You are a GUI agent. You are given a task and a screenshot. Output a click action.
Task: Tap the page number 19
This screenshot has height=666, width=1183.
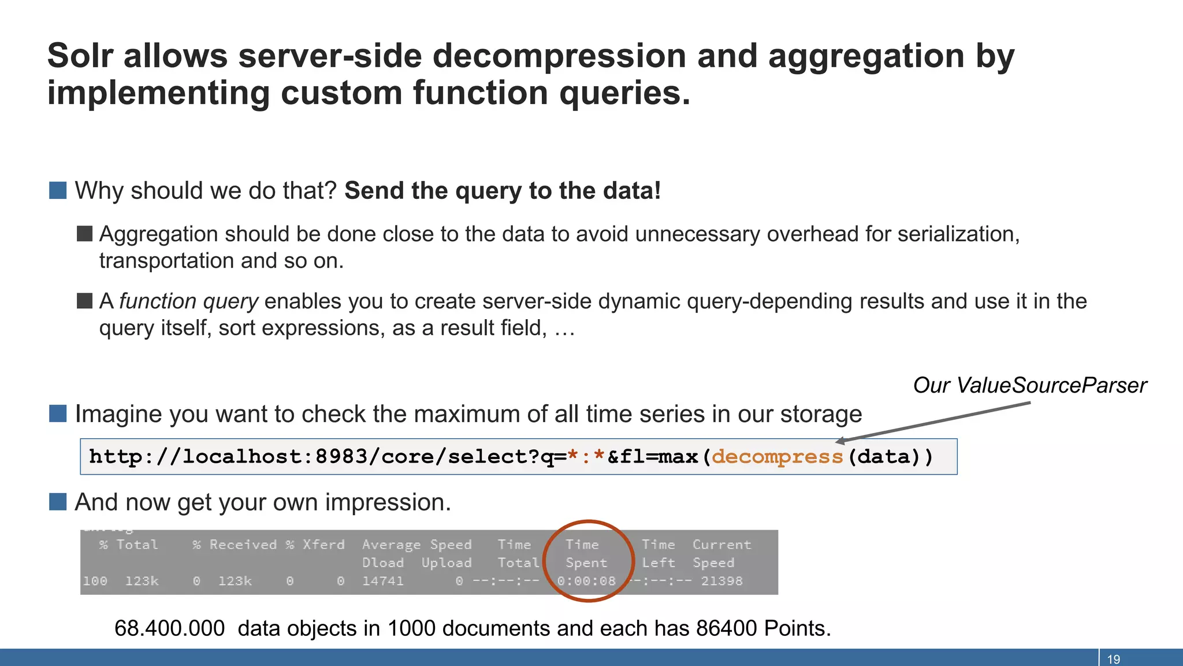[x=1113, y=659]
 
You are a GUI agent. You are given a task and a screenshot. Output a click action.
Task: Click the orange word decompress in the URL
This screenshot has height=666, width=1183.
[x=777, y=457]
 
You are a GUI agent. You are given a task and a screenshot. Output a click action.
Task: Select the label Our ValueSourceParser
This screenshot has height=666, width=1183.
[x=1029, y=386]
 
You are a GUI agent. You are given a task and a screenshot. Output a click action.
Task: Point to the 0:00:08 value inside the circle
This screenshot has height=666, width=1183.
[x=586, y=581]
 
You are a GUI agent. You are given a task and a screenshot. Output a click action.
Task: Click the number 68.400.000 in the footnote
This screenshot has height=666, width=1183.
[x=169, y=628]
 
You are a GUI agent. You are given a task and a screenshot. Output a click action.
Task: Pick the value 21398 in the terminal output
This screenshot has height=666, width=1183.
[x=721, y=581]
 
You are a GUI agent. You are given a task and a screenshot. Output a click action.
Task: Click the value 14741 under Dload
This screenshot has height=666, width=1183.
[x=382, y=581]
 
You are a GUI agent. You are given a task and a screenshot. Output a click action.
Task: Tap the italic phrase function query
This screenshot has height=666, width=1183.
[x=189, y=301]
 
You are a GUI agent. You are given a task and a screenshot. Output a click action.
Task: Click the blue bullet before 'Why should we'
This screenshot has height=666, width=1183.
[x=58, y=190]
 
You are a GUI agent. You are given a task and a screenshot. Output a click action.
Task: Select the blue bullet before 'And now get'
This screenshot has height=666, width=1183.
[x=58, y=502]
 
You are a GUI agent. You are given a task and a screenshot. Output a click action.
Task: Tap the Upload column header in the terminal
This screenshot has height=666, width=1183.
[x=446, y=563]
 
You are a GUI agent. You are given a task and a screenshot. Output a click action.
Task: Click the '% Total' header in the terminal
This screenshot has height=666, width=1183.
[x=128, y=545]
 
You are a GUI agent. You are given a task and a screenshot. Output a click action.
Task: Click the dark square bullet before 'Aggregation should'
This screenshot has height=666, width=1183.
[x=85, y=234]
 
